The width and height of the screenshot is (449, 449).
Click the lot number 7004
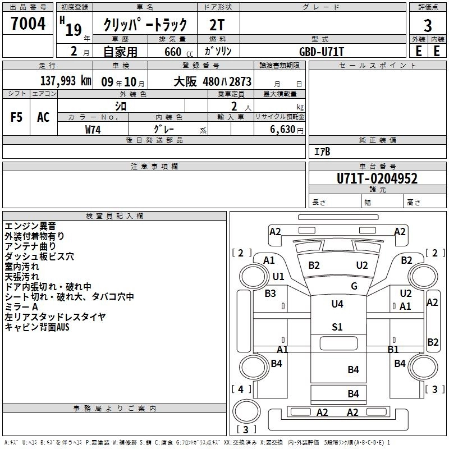pos(28,24)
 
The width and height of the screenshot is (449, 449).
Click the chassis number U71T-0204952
pos(377,178)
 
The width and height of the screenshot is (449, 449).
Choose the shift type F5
pos(16,117)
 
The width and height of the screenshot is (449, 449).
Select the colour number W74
pos(93,129)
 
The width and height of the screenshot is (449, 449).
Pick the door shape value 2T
pos(219,25)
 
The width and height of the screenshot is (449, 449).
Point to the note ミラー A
pos(21,307)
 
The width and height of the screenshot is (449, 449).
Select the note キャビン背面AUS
pos(37,327)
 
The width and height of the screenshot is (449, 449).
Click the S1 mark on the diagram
pos(337,327)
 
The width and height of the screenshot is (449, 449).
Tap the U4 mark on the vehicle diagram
pos(337,304)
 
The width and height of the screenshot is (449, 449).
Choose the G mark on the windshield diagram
pos(354,286)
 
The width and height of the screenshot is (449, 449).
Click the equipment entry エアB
pos(322,152)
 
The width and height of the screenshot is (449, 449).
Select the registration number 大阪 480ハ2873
pos(212,81)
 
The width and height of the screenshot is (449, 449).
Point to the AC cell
pos(43,117)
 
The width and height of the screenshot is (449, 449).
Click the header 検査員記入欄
pos(114,216)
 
